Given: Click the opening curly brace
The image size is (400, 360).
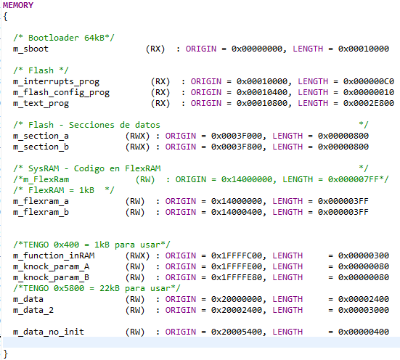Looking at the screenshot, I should (6, 16).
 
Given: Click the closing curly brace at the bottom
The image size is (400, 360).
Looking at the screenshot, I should (6, 353).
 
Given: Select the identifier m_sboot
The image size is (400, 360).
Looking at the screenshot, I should (30, 49).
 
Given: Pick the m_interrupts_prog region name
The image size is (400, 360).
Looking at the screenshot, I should (56, 81).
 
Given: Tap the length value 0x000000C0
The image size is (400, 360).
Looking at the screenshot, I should (369, 81).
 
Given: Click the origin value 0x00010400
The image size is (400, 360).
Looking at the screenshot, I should (257, 92).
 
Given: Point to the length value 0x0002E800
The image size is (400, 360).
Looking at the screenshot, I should (369, 103).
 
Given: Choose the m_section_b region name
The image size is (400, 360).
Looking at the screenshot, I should (41, 147).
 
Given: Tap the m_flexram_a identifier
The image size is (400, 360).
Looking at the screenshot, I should (41, 201).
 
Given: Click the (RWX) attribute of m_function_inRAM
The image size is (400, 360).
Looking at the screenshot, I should (137, 255).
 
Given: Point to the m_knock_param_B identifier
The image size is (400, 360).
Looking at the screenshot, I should (51, 277).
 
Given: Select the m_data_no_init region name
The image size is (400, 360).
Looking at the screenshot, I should (49, 332).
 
